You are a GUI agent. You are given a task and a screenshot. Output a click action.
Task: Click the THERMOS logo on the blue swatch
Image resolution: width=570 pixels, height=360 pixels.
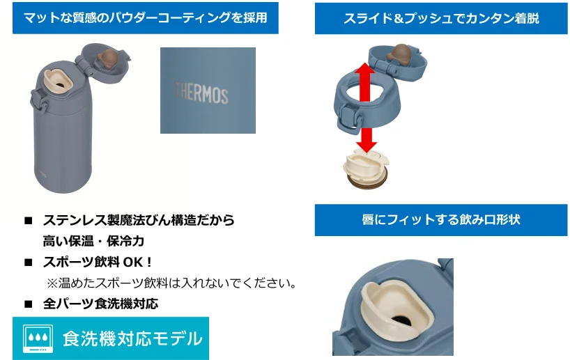click(x=202, y=93)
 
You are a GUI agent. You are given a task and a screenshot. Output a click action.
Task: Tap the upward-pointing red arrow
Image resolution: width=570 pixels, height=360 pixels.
click(x=365, y=82)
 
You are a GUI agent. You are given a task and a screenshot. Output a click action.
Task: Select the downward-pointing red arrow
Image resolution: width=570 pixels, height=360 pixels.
click(x=367, y=140)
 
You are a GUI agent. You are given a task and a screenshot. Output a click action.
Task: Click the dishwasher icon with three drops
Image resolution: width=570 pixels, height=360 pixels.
click(x=38, y=338)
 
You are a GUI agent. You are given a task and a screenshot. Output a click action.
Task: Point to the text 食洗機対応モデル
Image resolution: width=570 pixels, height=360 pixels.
click(x=132, y=338)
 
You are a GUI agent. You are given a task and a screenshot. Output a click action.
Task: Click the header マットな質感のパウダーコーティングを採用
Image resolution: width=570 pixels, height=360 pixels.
click(x=146, y=18)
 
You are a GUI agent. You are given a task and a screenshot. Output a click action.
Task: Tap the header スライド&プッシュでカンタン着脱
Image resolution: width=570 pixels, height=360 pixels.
click(x=441, y=18)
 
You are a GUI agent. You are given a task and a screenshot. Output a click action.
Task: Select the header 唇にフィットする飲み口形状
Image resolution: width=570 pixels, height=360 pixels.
click(x=441, y=220)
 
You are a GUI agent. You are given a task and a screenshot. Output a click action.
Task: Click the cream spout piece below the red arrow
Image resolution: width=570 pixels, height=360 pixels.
click(x=366, y=170)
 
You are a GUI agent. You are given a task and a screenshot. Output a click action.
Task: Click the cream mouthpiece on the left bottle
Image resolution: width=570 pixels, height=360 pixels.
click(x=58, y=79)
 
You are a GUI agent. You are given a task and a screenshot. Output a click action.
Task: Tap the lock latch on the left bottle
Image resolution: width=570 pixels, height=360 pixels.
click(x=38, y=102)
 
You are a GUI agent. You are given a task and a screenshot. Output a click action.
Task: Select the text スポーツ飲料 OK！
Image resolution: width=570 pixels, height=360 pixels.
click(x=98, y=262)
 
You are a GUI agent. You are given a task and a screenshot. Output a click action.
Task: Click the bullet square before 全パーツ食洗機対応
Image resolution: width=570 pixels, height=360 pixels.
click(x=29, y=304)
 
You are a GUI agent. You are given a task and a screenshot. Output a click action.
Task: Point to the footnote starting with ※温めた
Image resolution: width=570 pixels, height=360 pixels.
click(x=171, y=283)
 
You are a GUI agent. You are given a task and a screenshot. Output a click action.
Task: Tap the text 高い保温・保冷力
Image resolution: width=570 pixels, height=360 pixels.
click(x=93, y=241)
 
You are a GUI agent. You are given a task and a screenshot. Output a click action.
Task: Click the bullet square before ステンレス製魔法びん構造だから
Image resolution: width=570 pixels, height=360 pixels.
click(x=29, y=221)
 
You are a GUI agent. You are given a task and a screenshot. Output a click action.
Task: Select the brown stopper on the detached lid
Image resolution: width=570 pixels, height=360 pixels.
click(x=399, y=53)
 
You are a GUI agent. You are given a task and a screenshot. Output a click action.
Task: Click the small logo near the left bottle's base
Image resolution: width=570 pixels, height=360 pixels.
click(x=43, y=174)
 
